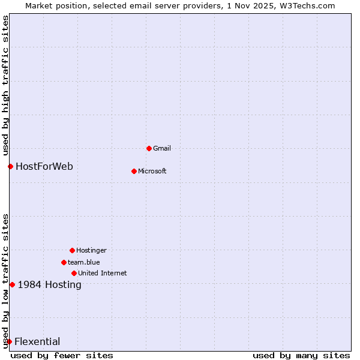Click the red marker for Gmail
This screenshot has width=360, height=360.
149,148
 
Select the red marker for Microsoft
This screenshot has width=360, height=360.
134,171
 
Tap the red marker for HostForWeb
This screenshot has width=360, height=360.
10,166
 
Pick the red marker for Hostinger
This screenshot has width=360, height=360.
72,250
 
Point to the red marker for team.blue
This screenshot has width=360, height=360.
64,262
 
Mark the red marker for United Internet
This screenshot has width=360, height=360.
74,273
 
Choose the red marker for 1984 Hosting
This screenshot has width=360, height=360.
12,284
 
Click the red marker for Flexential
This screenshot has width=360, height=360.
9,341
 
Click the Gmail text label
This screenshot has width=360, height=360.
162,148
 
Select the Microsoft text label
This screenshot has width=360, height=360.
152,171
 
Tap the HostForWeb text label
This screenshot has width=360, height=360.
44,166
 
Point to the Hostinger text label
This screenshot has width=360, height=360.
91,250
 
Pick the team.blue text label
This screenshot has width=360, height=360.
84,262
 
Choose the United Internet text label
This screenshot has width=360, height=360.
103,273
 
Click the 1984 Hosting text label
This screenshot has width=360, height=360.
50,284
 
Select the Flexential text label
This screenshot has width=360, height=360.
37,341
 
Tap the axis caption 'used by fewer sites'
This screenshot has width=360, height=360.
62,355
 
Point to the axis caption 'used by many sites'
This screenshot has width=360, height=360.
301,355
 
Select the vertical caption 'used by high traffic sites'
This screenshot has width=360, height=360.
5,86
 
